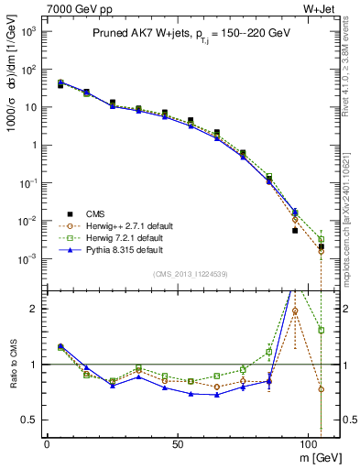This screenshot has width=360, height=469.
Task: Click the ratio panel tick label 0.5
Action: pos(28,420)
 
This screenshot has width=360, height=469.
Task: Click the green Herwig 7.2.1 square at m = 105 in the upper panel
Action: pos(322,239)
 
